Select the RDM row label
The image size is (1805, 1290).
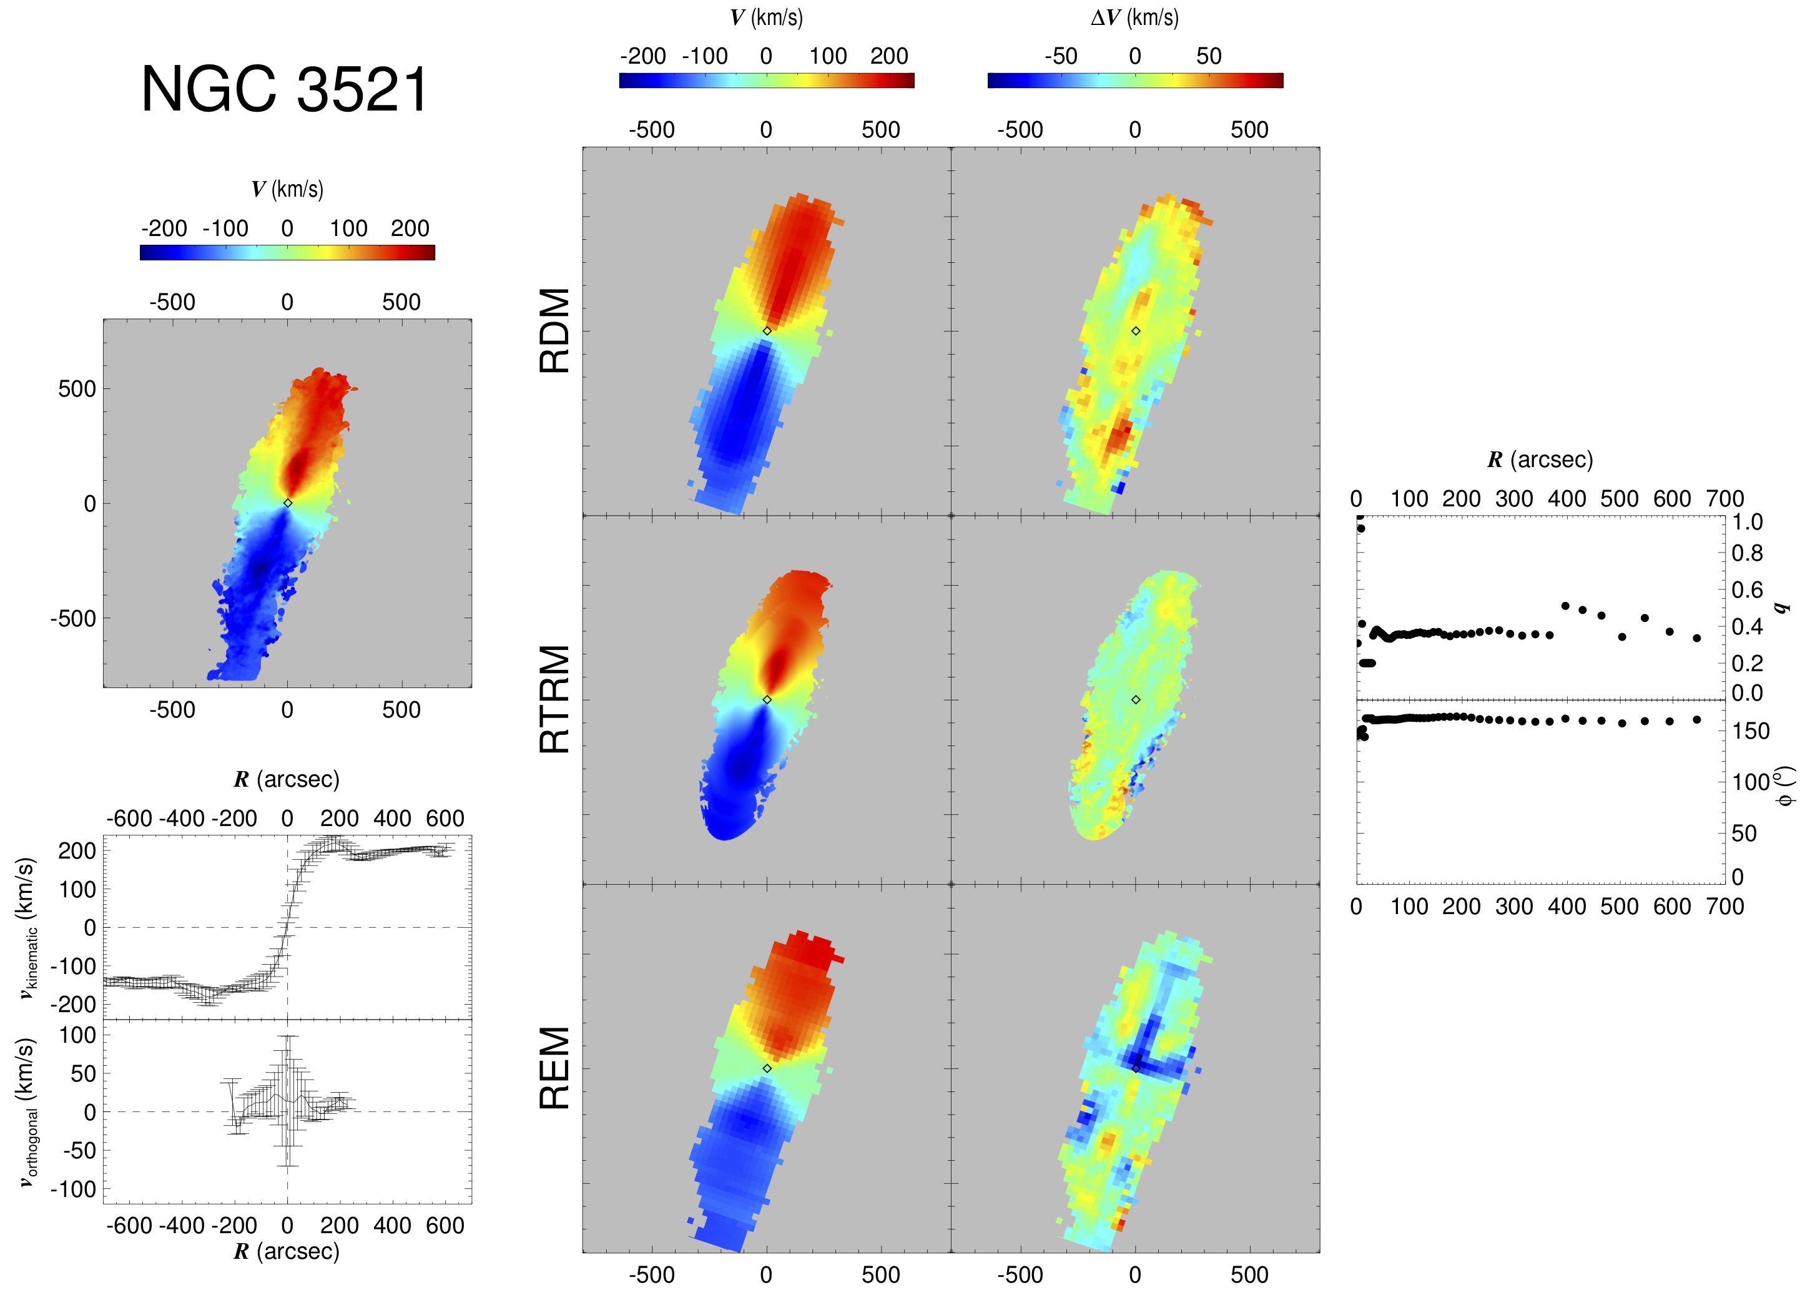(554, 330)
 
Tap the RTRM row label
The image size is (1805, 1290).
(554, 699)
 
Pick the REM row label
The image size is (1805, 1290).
(554, 1068)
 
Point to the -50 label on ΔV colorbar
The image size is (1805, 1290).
(1060, 56)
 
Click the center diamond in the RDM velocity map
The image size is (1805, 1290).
(766, 330)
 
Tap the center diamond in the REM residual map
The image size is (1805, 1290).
(1135, 1068)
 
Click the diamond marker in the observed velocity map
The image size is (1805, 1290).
(287, 503)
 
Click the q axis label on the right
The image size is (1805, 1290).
(1781, 608)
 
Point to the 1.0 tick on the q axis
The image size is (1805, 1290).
(1746, 522)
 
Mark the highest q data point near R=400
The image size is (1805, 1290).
(1565, 605)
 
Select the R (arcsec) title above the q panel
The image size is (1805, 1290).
(1539, 460)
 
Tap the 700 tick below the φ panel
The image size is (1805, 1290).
(1725, 907)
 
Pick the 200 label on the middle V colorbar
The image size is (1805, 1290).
(888, 56)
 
